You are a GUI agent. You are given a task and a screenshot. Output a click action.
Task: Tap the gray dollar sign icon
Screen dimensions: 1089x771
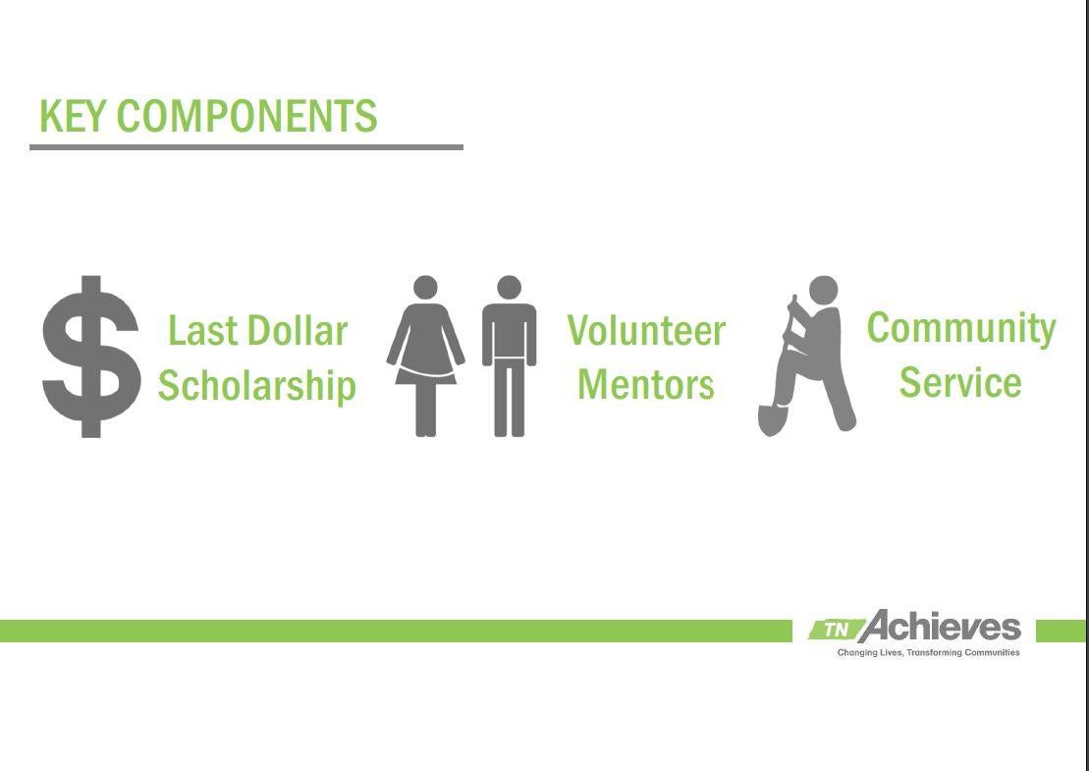pyautogui.click(x=91, y=357)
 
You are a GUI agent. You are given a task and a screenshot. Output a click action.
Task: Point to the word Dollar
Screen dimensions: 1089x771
pyautogui.click(x=298, y=331)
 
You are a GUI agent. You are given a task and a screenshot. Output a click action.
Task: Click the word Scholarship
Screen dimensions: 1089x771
pyautogui.click(x=257, y=386)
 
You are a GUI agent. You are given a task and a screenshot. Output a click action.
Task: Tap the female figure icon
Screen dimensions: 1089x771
pyautogui.click(x=425, y=356)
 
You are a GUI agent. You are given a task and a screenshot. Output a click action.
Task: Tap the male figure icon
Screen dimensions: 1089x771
pyautogui.click(x=509, y=356)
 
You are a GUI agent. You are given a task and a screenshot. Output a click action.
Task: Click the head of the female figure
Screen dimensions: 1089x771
pyautogui.click(x=425, y=288)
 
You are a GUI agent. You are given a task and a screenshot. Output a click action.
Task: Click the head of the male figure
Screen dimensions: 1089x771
pyautogui.click(x=509, y=288)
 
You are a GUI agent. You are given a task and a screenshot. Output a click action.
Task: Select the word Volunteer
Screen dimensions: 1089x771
pyautogui.click(x=646, y=330)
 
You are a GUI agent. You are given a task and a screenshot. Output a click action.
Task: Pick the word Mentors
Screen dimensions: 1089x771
pyautogui.click(x=646, y=384)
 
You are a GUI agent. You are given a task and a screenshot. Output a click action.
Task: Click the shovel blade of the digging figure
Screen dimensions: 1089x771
pyautogui.click(x=772, y=419)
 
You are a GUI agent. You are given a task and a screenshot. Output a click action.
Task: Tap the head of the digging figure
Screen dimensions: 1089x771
pyautogui.click(x=824, y=291)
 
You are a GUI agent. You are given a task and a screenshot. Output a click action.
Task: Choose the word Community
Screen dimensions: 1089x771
pyautogui.click(x=961, y=329)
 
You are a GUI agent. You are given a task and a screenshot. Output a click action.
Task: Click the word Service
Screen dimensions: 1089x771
pyautogui.click(x=960, y=383)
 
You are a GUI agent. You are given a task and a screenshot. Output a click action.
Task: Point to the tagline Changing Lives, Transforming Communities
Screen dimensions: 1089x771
pyautogui.click(x=929, y=653)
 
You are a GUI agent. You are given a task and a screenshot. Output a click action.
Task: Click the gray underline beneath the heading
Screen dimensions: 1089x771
pyautogui.click(x=246, y=147)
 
